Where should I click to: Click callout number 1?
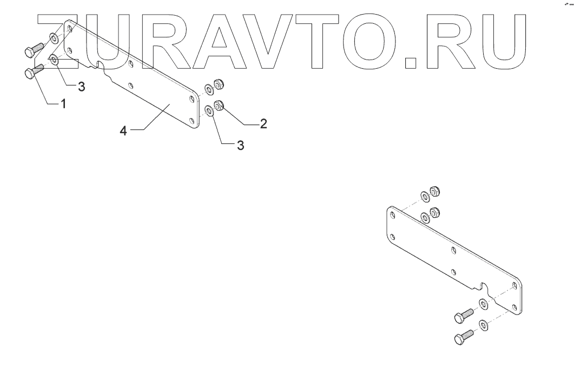click(x=63, y=104)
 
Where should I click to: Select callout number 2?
click(x=263, y=124)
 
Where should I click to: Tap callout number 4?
click(x=123, y=131)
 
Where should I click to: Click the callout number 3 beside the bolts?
click(x=81, y=86)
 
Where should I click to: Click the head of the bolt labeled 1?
click(x=30, y=74)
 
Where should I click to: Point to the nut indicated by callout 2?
click(x=219, y=106)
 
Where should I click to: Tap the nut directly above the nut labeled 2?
click(x=219, y=84)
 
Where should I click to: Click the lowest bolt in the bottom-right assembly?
click(x=461, y=339)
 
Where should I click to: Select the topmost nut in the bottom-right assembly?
click(x=433, y=191)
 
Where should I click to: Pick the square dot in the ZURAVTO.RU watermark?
click(x=412, y=63)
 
